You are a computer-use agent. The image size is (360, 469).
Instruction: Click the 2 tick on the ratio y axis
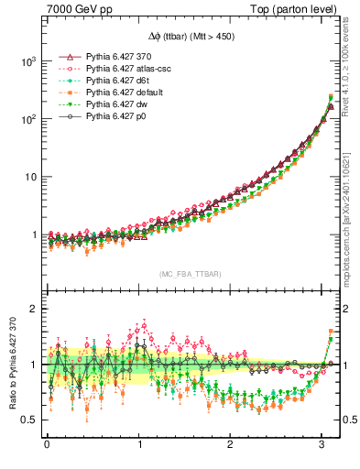(x=35, y=309)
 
